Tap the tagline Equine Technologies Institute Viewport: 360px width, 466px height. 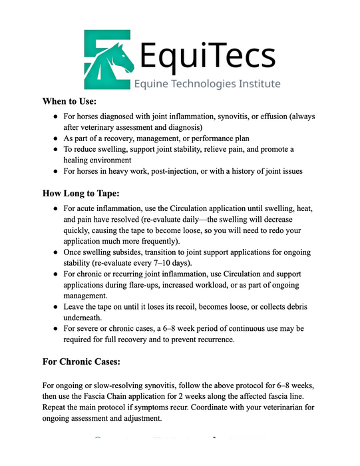[x=207, y=84]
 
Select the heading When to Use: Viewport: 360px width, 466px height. [x=69, y=102]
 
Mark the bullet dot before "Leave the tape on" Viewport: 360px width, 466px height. [x=55, y=308]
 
